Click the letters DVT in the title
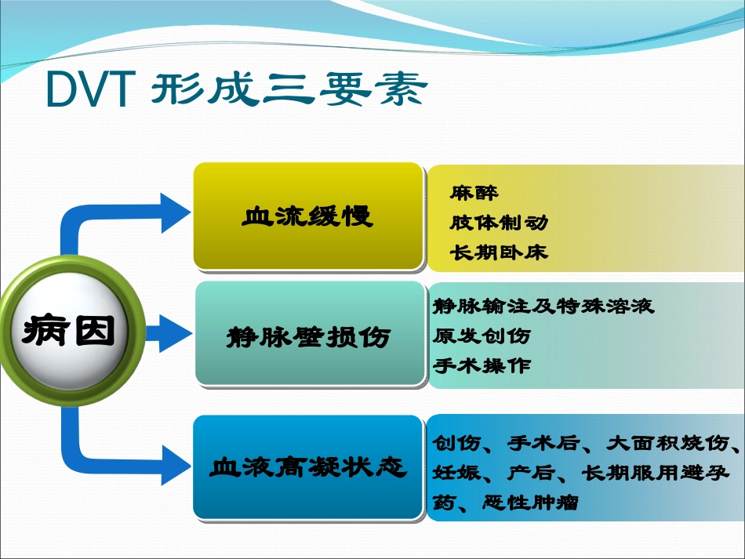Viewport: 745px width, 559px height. [88, 90]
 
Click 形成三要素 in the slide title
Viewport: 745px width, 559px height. [289, 90]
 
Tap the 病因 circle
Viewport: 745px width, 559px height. [69, 332]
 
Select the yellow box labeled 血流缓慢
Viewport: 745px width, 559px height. [308, 216]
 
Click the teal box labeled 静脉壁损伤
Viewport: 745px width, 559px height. [308, 336]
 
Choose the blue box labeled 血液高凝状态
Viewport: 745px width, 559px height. [308, 468]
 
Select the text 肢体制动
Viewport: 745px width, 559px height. [499, 223]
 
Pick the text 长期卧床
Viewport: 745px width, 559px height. [499, 252]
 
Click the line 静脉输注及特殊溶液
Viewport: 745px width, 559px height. [543, 306]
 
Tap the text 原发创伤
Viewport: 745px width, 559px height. [482, 336]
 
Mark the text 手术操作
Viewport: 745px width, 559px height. [482, 365]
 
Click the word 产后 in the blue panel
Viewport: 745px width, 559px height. [532, 473]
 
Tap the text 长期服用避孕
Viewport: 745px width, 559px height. [656, 473]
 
